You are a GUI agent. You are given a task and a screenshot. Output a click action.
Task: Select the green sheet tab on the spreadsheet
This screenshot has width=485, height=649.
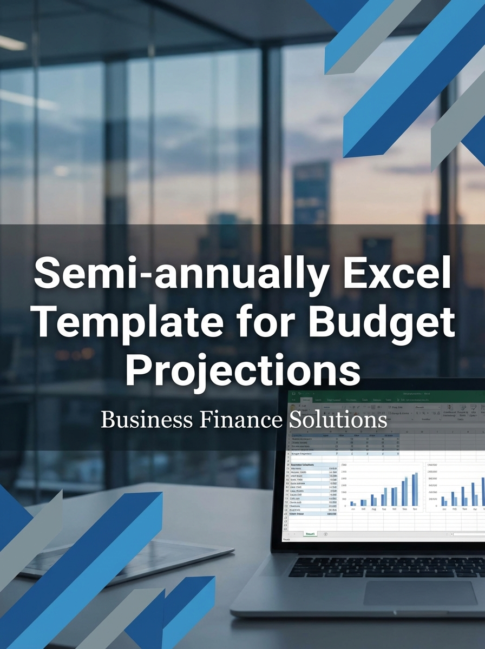click(311, 533)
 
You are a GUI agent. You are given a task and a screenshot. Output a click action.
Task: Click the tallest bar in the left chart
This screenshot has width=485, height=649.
click(416, 488)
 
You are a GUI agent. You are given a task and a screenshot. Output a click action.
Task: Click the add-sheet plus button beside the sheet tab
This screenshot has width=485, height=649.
click(325, 533)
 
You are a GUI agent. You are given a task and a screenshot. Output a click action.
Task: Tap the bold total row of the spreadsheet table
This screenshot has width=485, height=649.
click(314, 514)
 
